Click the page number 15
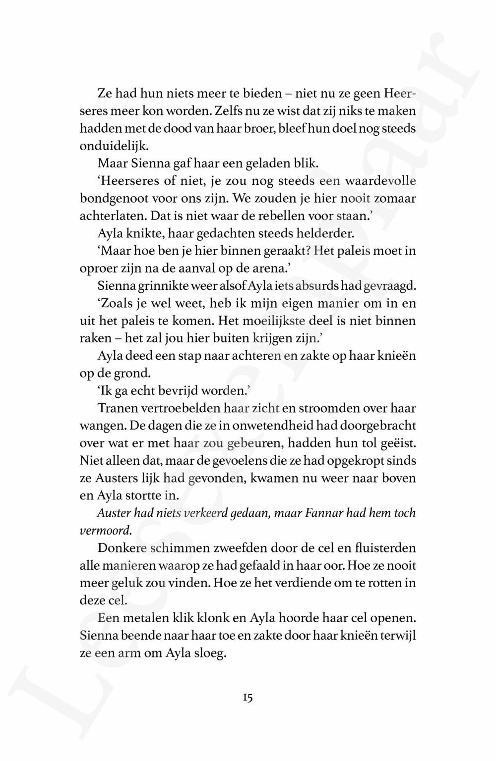[x=248, y=698]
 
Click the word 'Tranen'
[x=117, y=409]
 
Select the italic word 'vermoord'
[x=105, y=531]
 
